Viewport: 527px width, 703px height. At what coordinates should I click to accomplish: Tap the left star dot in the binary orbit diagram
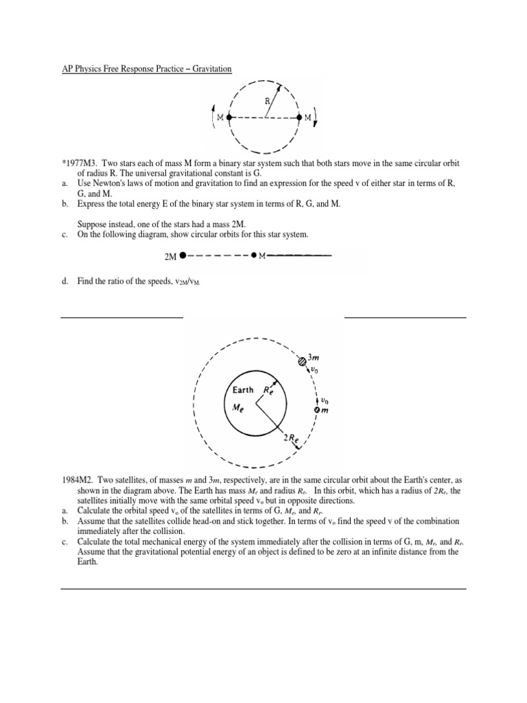click(x=229, y=117)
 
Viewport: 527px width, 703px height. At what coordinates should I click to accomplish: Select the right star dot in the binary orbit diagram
click(x=299, y=117)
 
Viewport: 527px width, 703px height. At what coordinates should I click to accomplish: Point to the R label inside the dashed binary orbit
click(x=268, y=101)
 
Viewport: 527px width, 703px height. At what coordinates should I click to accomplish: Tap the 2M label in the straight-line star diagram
click(x=171, y=257)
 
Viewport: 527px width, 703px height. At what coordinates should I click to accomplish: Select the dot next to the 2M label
click(x=183, y=255)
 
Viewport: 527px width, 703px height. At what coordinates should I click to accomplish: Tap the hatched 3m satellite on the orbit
click(x=301, y=361)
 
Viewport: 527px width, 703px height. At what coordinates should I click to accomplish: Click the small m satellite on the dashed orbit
click(x=316, y=410)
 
